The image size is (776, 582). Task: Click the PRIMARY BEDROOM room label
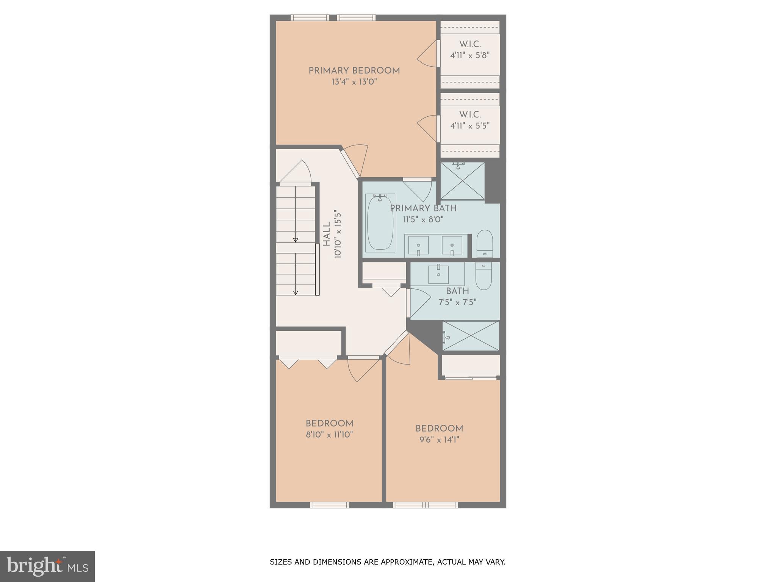pos(354,71)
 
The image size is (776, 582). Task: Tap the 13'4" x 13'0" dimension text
pos(354,82)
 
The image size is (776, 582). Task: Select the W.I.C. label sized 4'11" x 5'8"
pos(470,44)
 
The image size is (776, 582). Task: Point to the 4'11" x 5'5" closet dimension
pos(470,126)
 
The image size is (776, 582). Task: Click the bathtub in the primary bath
pos(380,222)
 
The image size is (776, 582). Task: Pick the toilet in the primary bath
pos(484,243)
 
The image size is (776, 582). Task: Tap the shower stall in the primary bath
pos(462,181)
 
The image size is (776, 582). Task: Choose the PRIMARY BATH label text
pos(423,208)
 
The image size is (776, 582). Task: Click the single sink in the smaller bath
pos(438,274)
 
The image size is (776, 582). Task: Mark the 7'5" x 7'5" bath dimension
pos(457,302)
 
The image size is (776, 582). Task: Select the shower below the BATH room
pos(471,336)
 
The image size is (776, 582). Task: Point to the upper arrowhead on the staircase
pos(296,240)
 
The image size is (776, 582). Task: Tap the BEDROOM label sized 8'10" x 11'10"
pos(329,424)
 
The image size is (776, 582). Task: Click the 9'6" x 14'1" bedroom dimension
pos(439,440)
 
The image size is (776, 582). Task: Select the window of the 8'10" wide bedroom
pos(330,505)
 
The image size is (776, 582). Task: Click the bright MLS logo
pos(47,566)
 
